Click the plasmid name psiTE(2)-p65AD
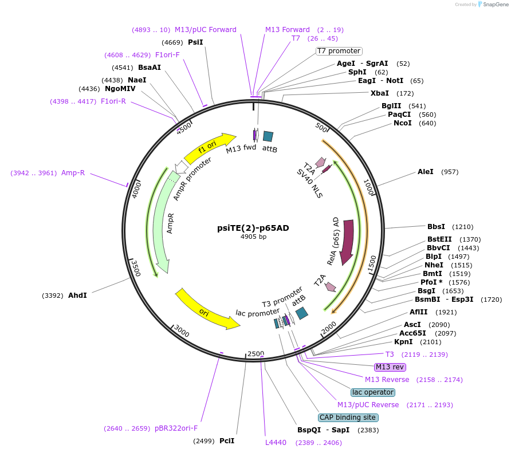pyautogui.click(x=253, y=227)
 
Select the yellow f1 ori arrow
pyautogui.click(x=209, y=148)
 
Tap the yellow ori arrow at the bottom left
pyautogui.click(x=206, y=310)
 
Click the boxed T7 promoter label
pyautogui.click(x=339, y=51)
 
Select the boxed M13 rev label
pyautogui.click(x=390, y=367)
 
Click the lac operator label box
pyautogui.click(x=373, y=392)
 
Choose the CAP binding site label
pyautogui.click(x=348, y=417)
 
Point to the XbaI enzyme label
pyautogui.click(x=379, y=93)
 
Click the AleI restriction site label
pyautogui.click(x=426, y=172)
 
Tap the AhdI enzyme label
pyautogui.click(x=77, y=296)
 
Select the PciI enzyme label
pyautogui.click(x=227, y=441)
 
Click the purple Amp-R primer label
pyautogui.click(x=73, y=173)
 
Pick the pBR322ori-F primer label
pyautogui.click(x=176, y=428)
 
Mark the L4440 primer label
pyautogui.click(x=276, y=443)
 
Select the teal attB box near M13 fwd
pyautogui.click(x=268, y=136)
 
